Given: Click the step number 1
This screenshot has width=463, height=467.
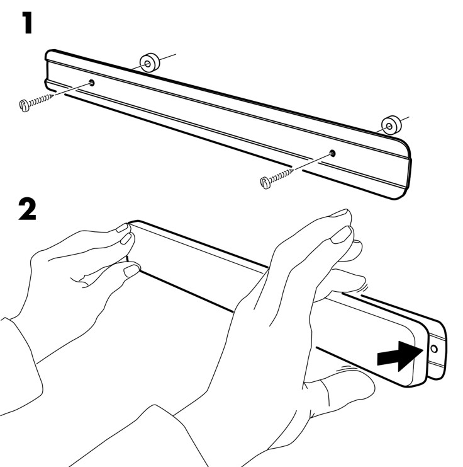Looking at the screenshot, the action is tap(27, 23).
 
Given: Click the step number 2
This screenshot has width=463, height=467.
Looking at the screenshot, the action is tap(27, 209).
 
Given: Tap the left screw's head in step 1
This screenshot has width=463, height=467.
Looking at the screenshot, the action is tap(24, 106).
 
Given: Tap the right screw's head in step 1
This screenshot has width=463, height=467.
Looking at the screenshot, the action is tap(265, 183).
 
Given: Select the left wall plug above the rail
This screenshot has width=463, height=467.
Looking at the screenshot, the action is tap(150, 62).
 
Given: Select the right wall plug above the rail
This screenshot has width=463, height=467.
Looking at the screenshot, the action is tap(391, 125).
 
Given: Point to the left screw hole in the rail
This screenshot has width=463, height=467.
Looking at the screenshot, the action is tap(92, 83).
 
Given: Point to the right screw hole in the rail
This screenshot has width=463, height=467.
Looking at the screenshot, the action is tap(332, 153).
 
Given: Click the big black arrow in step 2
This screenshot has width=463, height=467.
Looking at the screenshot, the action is tap(400, 356).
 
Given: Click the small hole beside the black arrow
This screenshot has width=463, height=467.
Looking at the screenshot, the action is tap(434, 349).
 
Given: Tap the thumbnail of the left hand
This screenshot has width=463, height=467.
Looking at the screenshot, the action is tap(131, 270).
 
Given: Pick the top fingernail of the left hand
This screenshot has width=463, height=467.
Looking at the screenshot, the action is tap(122, 228).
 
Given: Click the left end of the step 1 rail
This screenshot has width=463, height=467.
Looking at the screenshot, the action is tap(48, 69).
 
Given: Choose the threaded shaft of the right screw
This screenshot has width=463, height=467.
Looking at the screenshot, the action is tap(282, 176).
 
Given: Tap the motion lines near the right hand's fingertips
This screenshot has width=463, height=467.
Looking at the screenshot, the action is tap(365, 288).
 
